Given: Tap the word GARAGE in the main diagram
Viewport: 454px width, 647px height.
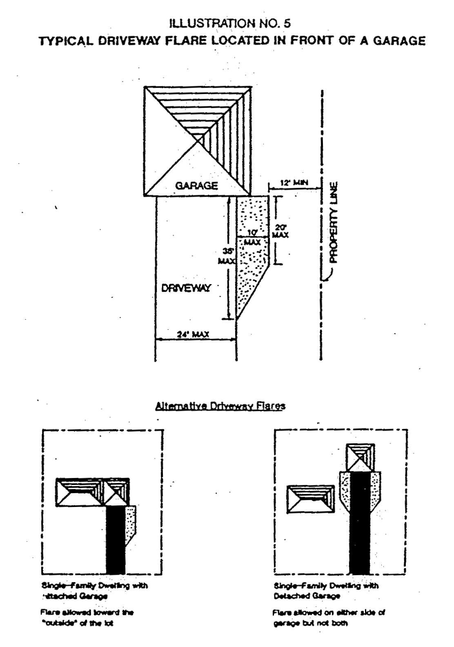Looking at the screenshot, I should tap(196, 186).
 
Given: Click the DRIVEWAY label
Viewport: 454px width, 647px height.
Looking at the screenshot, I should tap(186, 289).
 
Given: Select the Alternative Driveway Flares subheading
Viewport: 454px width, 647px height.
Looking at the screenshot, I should tap(220, 406).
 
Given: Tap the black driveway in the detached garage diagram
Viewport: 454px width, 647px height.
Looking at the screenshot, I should tap(359, 522).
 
